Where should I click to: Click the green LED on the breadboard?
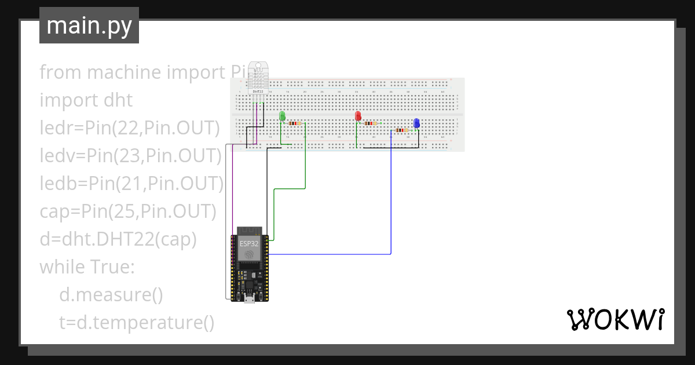click(282, 116)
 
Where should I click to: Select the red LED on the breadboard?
click(358, 116)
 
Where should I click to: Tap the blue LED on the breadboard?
click(416, 123)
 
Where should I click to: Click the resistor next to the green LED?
click(295, 123)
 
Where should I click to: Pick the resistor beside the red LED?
click(370, 123)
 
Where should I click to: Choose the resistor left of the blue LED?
click(401, 130)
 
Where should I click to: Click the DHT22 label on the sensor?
click(258, 91)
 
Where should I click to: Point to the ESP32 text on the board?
click(250, 244)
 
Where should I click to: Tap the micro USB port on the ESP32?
click(250, 298)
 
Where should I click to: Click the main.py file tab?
click(89, 25)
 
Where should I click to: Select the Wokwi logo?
click(614, 319)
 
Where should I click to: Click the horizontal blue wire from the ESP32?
click(330, 254)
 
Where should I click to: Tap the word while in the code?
click(61, 267)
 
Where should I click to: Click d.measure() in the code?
click(111, 295)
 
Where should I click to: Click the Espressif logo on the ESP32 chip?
click(250, 256)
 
